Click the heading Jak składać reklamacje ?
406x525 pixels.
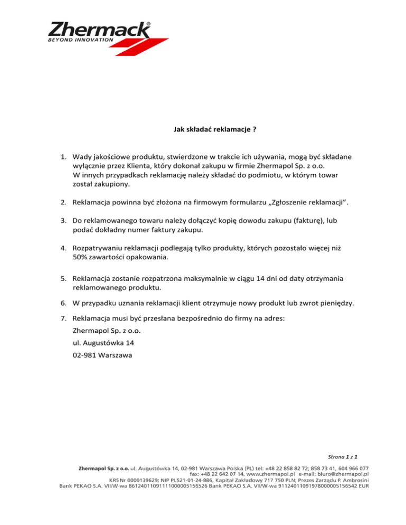[202, 128]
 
